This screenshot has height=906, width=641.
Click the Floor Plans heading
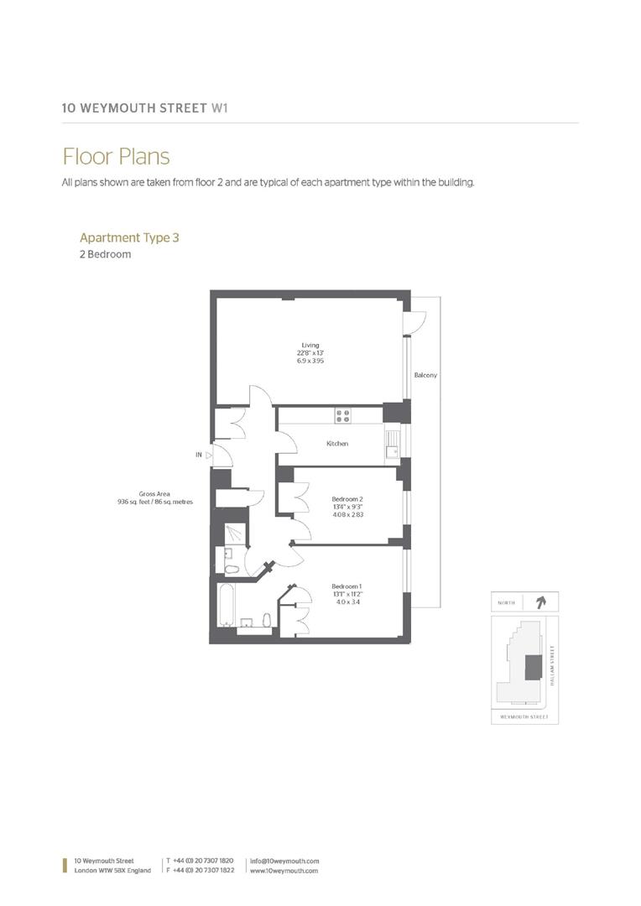point(116,157)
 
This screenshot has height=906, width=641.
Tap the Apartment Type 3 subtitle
point(129,237)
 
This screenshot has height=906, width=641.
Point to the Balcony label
point(425,375)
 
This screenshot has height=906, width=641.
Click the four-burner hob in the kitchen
point(342,414)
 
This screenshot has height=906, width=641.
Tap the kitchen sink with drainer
point(392,443)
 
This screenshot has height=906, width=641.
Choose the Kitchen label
point(337,444)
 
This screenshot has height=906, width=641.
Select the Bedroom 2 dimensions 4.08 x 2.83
point(347,514)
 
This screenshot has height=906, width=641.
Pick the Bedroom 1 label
point(347,586)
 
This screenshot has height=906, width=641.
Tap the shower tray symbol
point(235,534)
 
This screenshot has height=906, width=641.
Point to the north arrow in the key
point(539,601)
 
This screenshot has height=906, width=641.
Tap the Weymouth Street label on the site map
point(524,717)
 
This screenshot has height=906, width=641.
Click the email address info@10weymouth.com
point(284,861)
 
